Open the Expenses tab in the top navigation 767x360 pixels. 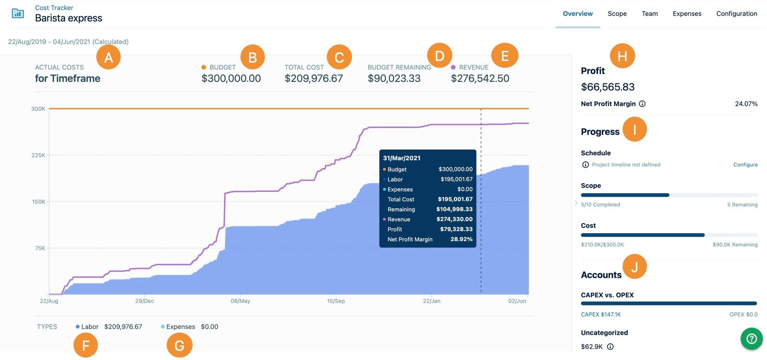tap(687, 14)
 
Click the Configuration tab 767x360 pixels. tap(736, 14)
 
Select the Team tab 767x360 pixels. tap(649, 14)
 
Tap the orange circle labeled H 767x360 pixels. tap(622, 56)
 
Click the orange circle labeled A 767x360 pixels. tap(108, 58)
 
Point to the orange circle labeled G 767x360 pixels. tap(179, 345)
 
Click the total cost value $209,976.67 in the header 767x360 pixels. tap(313, 78)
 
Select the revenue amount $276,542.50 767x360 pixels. tap(480, 78)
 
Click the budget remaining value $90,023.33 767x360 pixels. tap(394, 78)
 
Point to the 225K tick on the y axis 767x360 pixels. tap(39, 155)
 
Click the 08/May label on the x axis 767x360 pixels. tap(240, 301)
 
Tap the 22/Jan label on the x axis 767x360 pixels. tap(431, 301)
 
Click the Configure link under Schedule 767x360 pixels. tap(745, 165)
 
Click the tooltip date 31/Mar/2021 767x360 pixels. tap(401, 158)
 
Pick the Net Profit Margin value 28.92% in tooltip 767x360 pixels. tap(461, 239)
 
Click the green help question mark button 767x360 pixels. tap(751, 339)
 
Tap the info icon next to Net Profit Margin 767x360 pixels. tap(642, 104)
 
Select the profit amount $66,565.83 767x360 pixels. tap(608, 87)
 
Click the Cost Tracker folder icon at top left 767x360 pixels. tap(18, 14)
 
